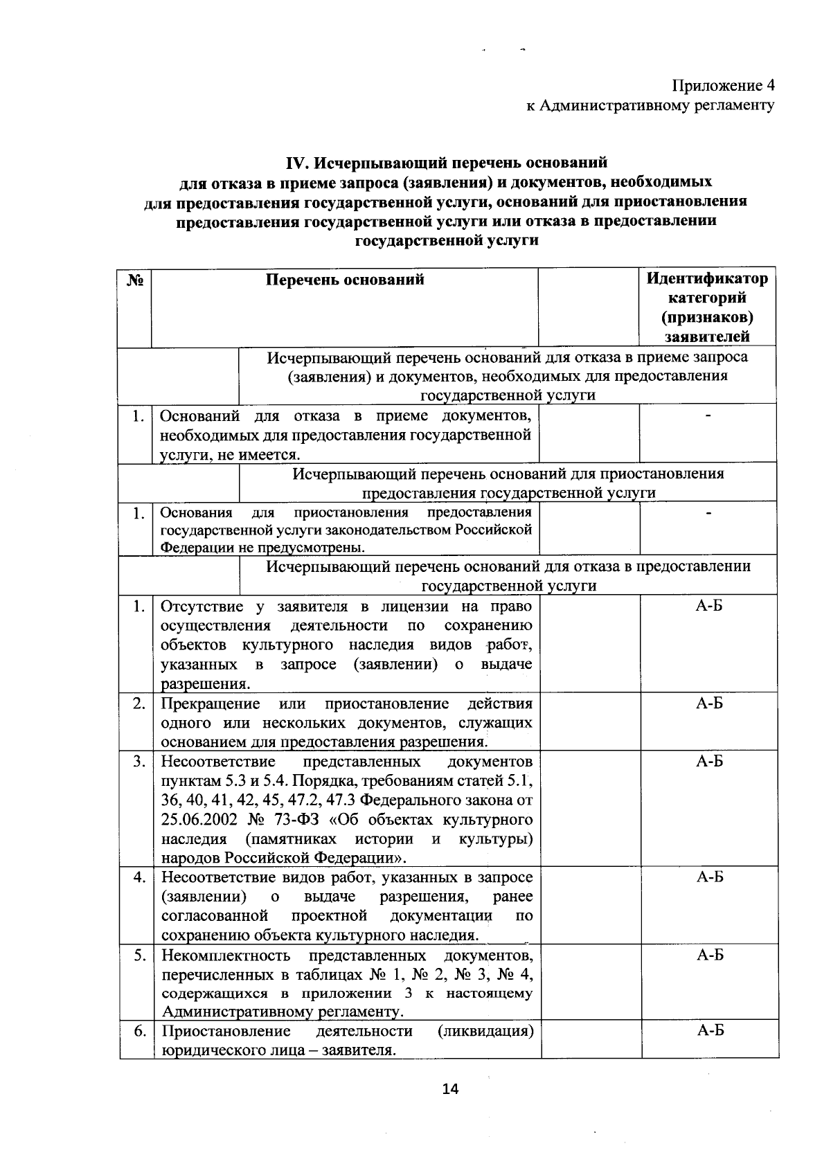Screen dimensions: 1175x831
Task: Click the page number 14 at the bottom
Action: (450, 1090)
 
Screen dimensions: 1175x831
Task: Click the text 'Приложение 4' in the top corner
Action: (723, 86)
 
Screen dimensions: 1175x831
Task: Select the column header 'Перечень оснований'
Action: (345, 280)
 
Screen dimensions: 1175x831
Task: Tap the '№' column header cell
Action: (135, 280)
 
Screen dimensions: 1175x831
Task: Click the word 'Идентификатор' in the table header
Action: (707, 278)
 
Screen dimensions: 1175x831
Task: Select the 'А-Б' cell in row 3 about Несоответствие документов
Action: (710, 762)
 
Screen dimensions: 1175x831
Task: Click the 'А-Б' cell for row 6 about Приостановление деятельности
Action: (710, 1031)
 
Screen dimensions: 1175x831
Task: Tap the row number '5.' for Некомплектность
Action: (140, 956)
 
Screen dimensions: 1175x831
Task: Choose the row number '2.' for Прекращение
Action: (140, 703)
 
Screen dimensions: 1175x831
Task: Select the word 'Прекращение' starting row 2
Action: (211, 703)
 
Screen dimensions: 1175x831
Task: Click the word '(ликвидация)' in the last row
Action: (485, 1031)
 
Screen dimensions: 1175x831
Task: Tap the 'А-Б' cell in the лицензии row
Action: (710, 607)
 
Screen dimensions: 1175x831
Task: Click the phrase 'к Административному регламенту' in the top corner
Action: (650, 106)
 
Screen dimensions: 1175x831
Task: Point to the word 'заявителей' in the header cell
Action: (707, 337)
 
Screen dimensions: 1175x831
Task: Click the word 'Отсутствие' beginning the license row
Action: (202, 607)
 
